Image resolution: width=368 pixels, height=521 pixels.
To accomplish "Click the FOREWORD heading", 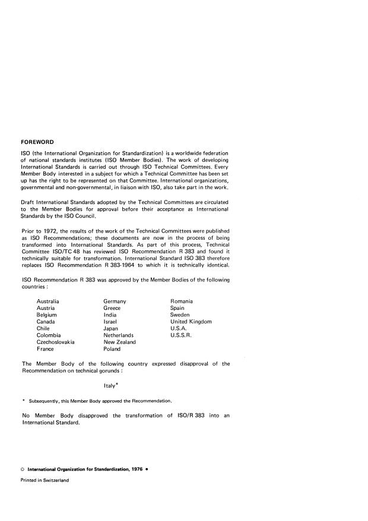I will (x=37, y=142).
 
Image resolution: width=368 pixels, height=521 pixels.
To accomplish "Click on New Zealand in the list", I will (x=119, y=342).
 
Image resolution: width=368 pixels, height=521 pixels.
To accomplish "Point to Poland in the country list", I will (x=112, y=349).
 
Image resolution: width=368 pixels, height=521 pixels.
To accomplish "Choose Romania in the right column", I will (x=183, y=302).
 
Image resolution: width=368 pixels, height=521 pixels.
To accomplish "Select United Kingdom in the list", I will (x=191, y=322).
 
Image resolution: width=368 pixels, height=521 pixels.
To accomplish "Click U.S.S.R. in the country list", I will (x=182, y=335).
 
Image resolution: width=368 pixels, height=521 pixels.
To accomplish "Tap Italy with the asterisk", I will (x=111, y=385).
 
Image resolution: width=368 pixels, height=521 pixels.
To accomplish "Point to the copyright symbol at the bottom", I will (x=22, y=469).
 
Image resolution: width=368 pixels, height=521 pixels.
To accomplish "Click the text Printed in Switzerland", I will (x=45, y=481).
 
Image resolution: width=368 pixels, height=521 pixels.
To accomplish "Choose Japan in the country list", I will (x=111, y=329).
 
